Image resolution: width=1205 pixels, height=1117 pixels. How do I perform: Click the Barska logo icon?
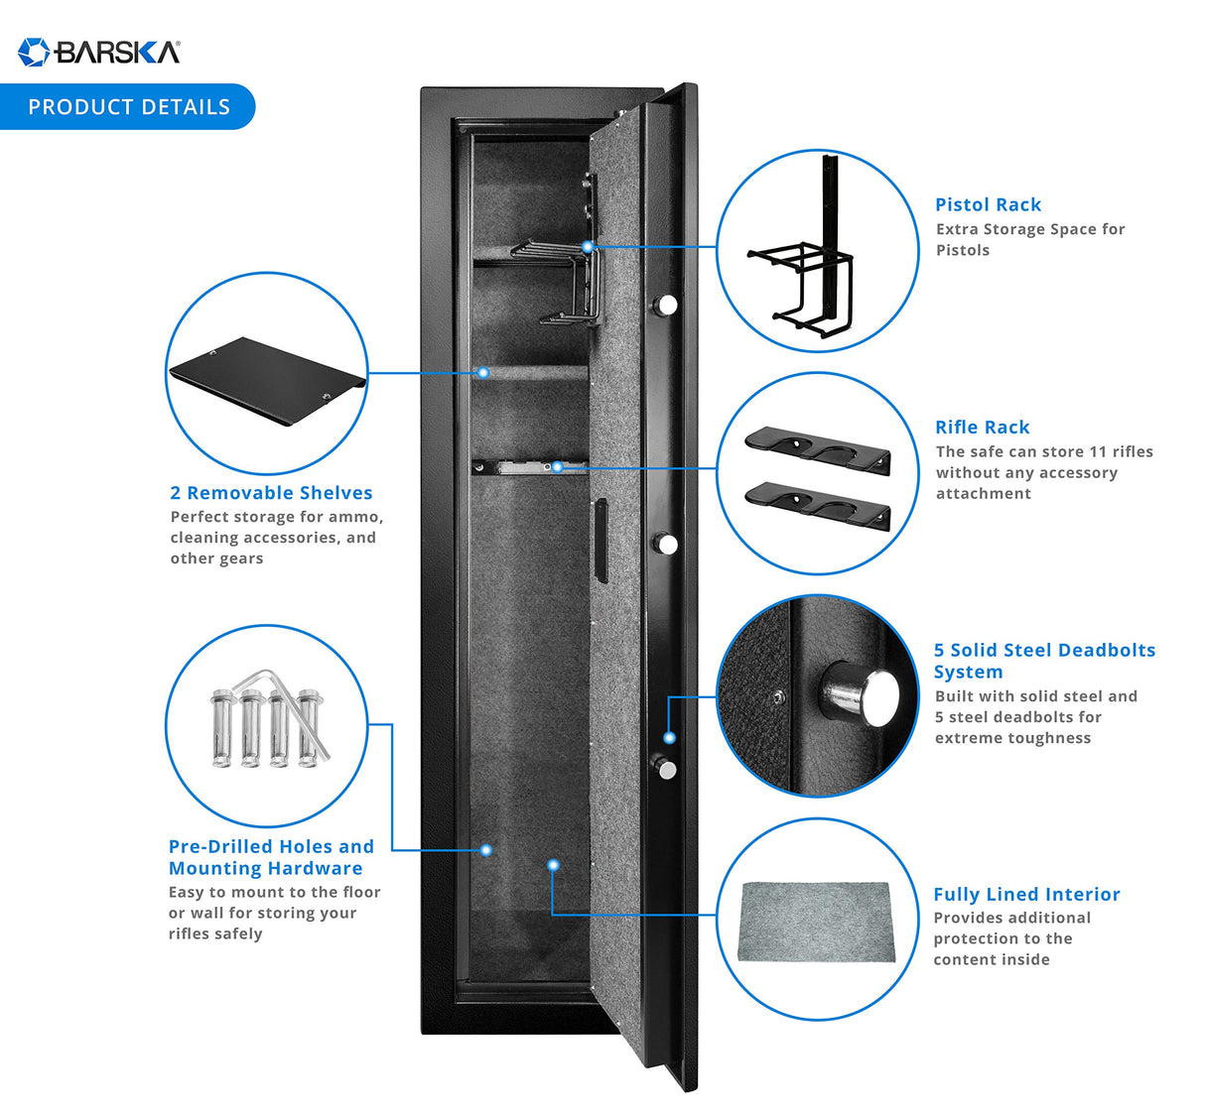(x=34, y=52)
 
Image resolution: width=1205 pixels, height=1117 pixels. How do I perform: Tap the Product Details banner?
(x=128, y=107)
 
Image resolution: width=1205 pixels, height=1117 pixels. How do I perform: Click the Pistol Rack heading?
(x=988, y=204)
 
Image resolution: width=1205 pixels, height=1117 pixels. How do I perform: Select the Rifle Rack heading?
(x=982, y=427)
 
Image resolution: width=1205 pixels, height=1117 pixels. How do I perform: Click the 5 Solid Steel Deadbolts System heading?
(x=1043, y=661)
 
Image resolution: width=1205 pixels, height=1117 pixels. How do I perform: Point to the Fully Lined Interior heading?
(x=1026, y=894)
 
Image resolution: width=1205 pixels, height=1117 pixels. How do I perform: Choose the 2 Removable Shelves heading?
(x=271, y=492)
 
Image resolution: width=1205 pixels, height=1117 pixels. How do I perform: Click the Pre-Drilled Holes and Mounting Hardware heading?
(x=271, y=857)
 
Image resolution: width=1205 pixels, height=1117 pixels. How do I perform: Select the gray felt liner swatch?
(x=816, y=923)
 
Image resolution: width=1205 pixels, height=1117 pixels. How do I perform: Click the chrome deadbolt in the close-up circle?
(x=861, y=694)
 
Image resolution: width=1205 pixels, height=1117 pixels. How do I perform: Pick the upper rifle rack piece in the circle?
(x=817, y=451)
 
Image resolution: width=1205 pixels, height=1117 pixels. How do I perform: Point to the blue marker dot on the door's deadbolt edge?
(x=670, y=737)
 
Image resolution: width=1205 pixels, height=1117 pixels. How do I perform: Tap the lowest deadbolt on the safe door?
(x=664, y=767)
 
